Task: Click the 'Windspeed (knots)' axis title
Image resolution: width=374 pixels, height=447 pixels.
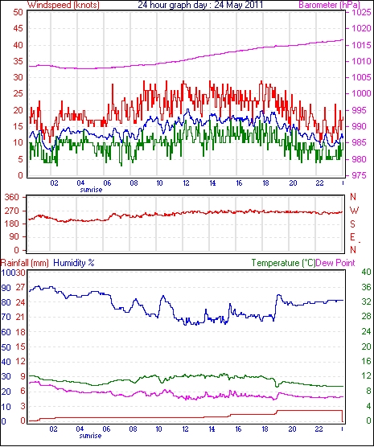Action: point(64,5)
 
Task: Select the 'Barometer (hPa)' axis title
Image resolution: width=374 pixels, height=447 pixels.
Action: point(329,5)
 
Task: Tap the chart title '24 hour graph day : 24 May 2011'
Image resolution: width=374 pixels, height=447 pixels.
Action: point(200,5)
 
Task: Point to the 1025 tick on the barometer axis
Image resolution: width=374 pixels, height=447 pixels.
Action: point(361,12)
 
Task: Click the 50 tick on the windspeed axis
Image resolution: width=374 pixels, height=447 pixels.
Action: point(18,13)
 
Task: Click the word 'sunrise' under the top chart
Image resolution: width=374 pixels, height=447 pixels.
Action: point(91,190)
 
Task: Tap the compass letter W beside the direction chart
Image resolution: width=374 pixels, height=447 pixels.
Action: point(354,211)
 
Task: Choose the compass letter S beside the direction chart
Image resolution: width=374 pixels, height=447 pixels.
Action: point(353,224)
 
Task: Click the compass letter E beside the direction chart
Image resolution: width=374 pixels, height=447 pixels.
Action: point(353,237)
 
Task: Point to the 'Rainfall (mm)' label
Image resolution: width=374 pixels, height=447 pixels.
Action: point(25,263)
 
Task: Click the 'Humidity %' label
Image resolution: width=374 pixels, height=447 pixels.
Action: point(74,263)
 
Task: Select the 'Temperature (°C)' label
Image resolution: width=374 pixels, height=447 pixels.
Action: point(283,263)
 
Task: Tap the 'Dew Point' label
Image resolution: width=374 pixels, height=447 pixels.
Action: point(335,263)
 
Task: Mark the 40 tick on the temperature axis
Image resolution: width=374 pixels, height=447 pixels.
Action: point(366,272)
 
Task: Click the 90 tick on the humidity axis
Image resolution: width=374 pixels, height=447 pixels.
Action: point(6,288)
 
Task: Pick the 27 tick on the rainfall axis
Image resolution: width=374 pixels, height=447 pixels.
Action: point(21,287)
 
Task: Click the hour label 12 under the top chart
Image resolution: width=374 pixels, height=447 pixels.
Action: point(186,183)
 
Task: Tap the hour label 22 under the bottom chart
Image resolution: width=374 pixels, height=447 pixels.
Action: point(319,429)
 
